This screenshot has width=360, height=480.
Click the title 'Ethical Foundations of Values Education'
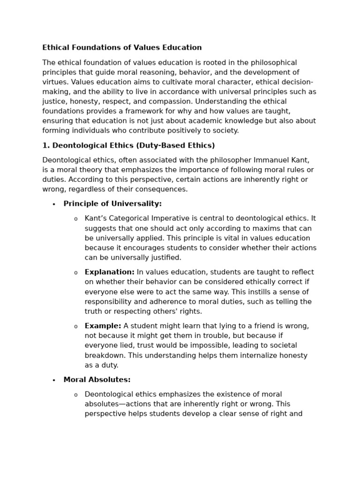pyautogui.click(x=122, y=47)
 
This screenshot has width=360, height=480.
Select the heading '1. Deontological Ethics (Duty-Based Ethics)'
pyautogui.click(x=128, y=145)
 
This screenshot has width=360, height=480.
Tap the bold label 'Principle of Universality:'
pyautogui.click(x=112, y=203)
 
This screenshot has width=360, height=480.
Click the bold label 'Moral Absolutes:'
pyautogui.click(x=97, y=380)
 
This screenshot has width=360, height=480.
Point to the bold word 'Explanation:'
pyautogui.click(x=109, y=272)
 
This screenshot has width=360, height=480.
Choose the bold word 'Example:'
pyautogui.click(x=103, y=326)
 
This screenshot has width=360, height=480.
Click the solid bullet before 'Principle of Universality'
pyautogui.click(x=54, y=204)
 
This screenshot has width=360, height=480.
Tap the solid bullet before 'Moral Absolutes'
pyautogui.click(x=54, y=381)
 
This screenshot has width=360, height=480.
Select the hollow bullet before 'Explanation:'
pyautogui.click(x=75, y=273)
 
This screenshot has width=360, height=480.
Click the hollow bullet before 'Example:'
pyautogui.click(x=75, y=327)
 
